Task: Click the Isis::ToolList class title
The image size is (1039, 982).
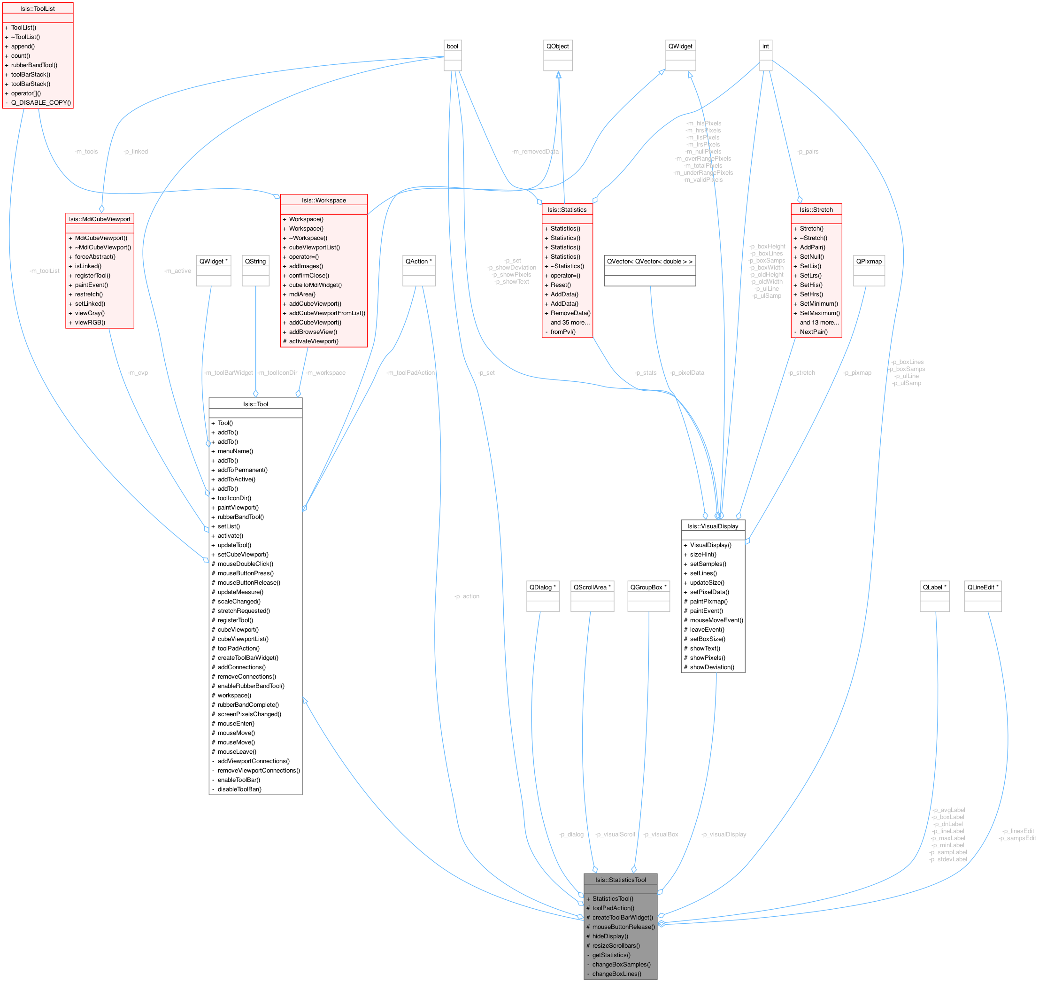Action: point(38,9)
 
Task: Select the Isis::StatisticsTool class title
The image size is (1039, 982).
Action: point(620,880)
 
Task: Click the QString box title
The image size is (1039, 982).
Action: point(255,262)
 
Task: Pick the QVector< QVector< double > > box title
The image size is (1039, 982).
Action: point(650,262)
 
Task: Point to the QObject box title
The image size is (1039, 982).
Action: point(557,46)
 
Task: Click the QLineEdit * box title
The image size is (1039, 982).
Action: point(983,588)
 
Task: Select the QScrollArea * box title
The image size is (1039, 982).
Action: point(592,588)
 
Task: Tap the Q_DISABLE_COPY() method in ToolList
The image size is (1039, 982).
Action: point(41,102)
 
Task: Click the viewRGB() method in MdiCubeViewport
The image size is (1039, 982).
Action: point(90,323)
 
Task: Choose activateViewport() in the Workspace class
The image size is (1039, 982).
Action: point(314,341)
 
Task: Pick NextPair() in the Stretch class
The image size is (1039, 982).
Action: point(813,332)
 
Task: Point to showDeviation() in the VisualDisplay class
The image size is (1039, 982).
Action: point(712,667)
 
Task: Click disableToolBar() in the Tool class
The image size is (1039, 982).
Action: point(239,789)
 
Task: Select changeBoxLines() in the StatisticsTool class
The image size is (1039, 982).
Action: point(616,974)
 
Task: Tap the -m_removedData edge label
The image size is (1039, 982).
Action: point(535,152)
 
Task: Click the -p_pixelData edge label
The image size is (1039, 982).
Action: point(687,373)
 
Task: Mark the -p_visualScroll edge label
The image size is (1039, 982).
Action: point(615,835)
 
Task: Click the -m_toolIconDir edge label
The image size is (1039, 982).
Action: point(277,373)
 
